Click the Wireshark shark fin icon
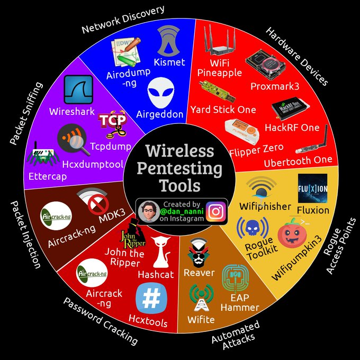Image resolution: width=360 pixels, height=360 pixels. point(78,89)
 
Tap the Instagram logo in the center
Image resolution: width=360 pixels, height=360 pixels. point(216,211)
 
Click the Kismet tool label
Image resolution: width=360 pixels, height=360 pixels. point(169,62)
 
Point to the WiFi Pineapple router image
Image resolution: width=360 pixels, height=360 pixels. point(220,40)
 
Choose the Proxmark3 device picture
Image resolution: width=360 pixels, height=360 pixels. point(265,65)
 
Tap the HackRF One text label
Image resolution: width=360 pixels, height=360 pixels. point(292,128)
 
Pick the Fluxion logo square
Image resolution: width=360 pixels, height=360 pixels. point(312,188)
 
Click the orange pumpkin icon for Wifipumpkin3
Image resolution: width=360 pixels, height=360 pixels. point(292,233)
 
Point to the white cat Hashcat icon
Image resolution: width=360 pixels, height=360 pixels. point(161,252)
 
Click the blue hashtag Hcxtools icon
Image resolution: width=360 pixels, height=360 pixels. point(151,298)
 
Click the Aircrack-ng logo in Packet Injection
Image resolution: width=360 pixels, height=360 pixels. point(56,216)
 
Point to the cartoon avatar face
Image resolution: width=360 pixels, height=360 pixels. point(149,211)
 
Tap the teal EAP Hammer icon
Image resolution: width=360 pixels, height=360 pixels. point(235,278)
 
